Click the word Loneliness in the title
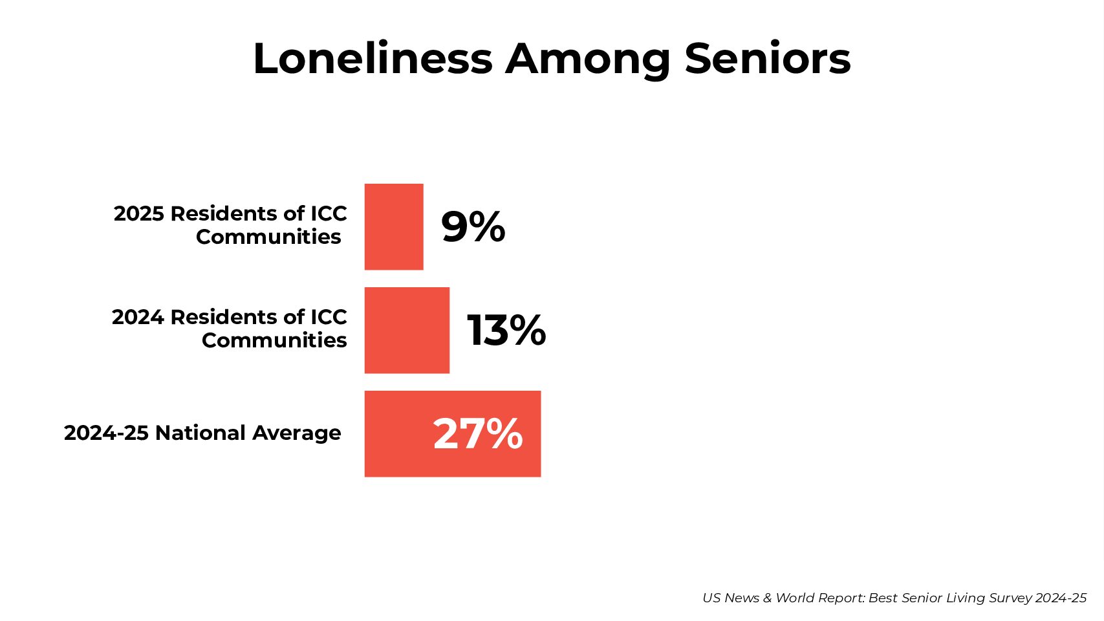click(x=373, y=59)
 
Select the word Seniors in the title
click(x=767, y=59)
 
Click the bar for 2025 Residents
click(x=394, y=226)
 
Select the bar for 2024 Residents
click(x=407, y=330)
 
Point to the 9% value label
click(x=473, y=227)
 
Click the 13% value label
click(x=506, y=331)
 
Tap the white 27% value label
click(x=477, y=433)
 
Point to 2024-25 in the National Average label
click(x=107, y=433)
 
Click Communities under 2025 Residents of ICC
click(x=268, y=237)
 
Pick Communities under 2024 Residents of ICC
click(x=274, y=340)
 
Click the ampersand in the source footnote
click(x=767, y=598)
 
